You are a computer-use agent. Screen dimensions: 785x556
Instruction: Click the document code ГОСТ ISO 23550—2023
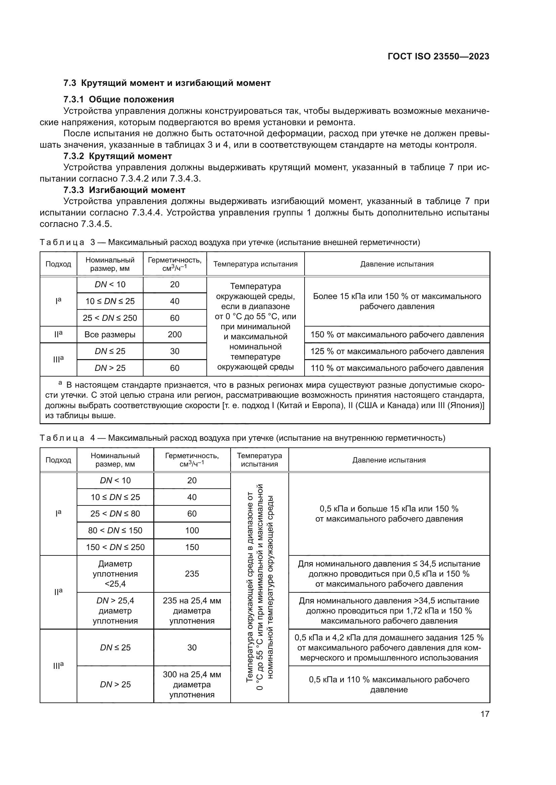[438, 57]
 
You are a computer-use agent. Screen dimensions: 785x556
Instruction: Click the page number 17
[485, 714]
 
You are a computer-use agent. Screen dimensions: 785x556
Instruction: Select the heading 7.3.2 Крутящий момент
[118, 156]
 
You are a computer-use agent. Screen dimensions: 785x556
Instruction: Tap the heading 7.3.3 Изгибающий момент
[124, 190]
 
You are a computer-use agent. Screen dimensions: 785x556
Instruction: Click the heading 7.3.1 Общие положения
[119, 99]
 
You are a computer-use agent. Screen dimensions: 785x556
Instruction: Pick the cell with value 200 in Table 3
[174, 334]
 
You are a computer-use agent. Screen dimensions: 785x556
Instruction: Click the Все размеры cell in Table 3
[110, 334]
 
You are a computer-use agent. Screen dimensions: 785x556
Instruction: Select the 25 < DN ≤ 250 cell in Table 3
[110, 318]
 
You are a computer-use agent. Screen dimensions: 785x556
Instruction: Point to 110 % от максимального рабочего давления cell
[397, 368]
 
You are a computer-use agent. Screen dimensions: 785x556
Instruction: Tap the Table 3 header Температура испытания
[255, 264]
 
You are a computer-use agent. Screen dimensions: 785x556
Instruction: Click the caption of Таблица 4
[242, 438]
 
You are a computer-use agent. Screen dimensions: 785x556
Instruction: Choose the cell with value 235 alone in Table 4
[192, 574]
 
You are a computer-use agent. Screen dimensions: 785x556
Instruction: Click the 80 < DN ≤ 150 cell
[115, 530]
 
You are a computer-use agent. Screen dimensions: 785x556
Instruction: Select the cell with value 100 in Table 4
[192, 530]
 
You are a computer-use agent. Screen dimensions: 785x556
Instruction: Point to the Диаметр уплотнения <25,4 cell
[115, 574]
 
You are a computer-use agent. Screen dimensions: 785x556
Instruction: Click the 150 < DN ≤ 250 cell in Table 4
[115, 547]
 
